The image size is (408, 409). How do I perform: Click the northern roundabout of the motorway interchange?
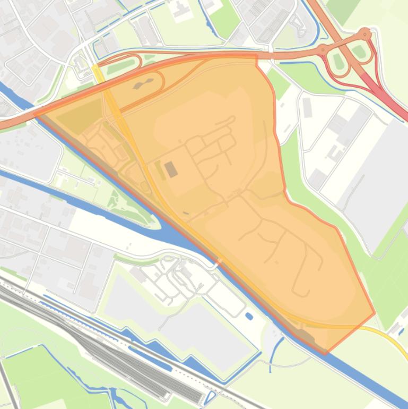click(364, 34)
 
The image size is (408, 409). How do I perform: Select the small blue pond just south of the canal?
click(249, 317)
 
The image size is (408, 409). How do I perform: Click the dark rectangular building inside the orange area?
click(171, 169)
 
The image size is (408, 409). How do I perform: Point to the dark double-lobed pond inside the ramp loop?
click(142, 83)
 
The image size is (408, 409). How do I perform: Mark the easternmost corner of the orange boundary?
click(375, 313)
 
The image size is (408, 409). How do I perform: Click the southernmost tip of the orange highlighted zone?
click(325, 353)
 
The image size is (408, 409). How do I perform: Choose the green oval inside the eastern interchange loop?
click(360, 52)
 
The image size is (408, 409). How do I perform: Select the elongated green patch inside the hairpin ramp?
click(120, 66)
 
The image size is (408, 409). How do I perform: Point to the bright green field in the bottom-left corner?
click(27, 367)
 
